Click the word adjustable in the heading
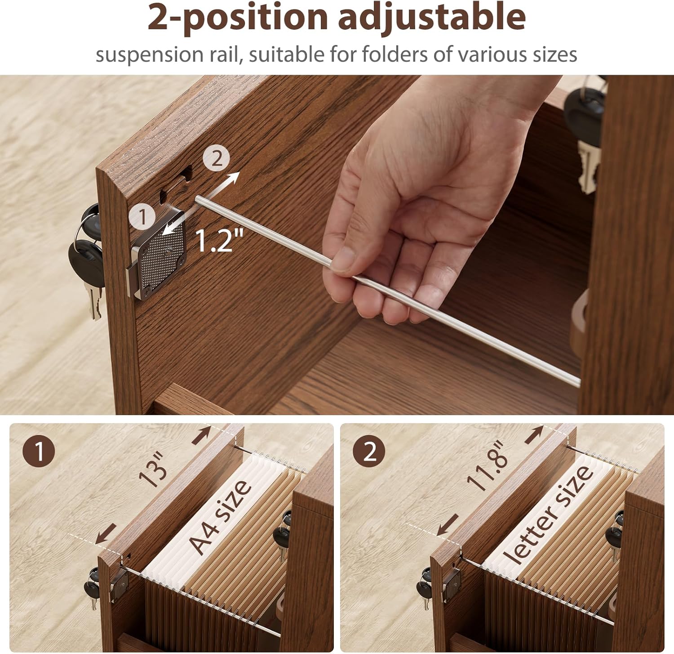click(x=431, y=17)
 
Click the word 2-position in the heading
click(x=238, y=17)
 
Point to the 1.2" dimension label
click(x=220, y=240)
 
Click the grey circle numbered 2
click(x=216, y=159)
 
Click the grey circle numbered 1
click(x=143, y=217)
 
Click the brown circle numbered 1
click(x=39, y=451)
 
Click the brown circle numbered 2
click(x=369, y=451)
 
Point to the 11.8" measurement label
click(x=488, y=466)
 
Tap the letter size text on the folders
click(x=546, y=513)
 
